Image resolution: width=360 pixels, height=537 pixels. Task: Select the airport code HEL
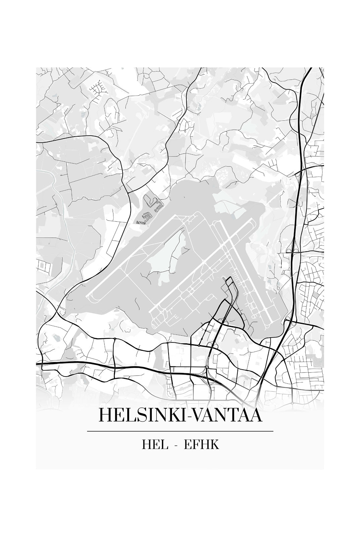[x=155, y=445]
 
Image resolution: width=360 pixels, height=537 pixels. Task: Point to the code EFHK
[x=201, y=445]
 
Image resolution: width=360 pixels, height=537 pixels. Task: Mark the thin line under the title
[x=180, y=431]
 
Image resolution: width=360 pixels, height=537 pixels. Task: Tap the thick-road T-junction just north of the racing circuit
[x=128, y=193]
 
